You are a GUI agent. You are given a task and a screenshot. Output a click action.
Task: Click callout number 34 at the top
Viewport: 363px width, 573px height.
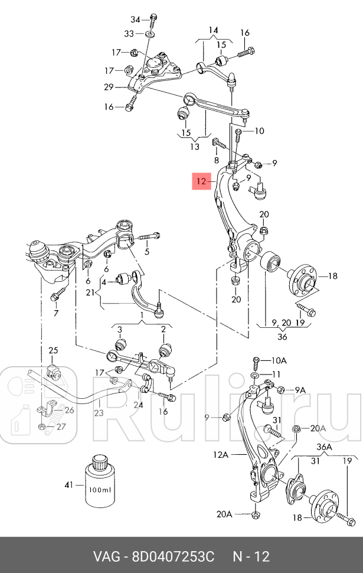point(135,19)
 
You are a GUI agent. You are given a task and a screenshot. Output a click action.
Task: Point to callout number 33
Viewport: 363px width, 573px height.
point(129,33)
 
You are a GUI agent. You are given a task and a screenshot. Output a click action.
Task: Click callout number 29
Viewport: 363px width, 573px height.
point(109,87)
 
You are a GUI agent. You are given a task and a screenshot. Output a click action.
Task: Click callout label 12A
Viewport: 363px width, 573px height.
point(221,455)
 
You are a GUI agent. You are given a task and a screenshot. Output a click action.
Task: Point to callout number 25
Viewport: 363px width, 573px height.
point(54,351)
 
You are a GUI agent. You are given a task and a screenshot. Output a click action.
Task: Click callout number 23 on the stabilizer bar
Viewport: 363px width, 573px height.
point(98,413)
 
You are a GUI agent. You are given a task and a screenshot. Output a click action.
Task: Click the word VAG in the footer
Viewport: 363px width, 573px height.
point(106,556)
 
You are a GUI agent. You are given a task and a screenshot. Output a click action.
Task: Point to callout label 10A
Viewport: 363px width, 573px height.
point(279,360)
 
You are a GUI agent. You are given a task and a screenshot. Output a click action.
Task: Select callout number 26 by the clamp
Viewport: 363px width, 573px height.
point(70,410)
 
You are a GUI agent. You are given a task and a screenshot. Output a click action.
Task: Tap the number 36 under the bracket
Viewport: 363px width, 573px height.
point(282,337)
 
